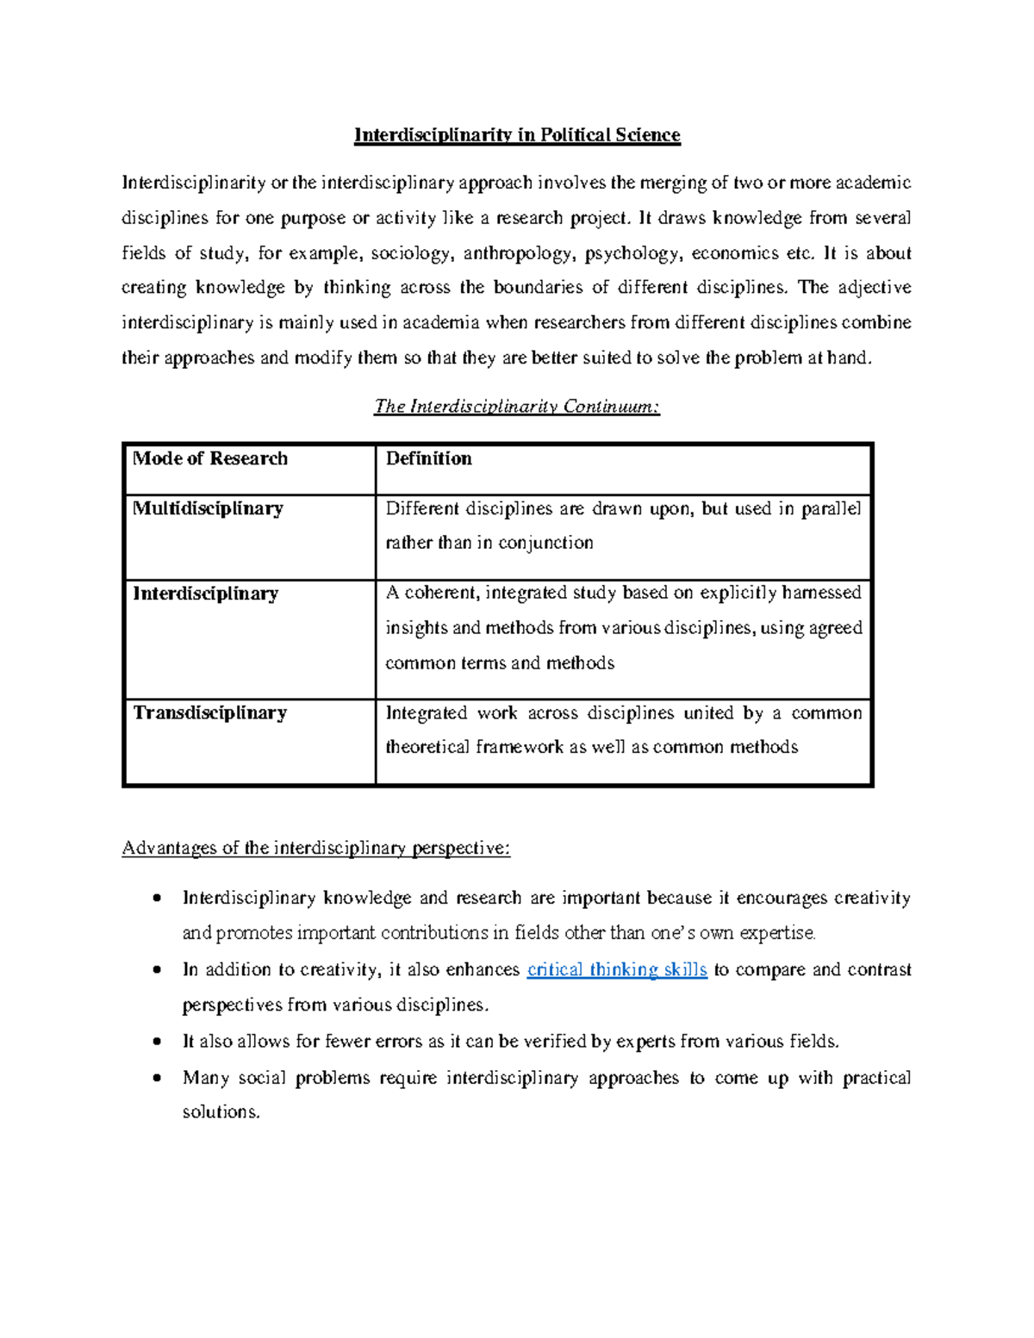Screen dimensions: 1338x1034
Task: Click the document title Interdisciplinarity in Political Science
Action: coord(517,135)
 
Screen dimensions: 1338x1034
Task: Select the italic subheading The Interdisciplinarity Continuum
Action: coord(517,407)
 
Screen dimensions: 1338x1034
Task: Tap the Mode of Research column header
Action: coord(210,458)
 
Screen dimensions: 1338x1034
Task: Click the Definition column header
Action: coord(428,458)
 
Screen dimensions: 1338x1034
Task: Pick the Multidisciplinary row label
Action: coord(208,508)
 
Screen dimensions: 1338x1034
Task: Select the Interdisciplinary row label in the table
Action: coord(205,594)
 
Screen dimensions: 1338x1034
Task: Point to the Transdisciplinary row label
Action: coord(209,713)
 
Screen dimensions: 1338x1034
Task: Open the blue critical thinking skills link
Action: coord(616,970)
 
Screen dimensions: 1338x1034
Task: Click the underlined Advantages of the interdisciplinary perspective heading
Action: coord(316,849)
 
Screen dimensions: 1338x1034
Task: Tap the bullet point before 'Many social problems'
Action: coord(156,1078)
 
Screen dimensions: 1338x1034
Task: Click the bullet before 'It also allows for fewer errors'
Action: coord(156,1042)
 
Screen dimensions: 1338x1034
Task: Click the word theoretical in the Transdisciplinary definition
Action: coord(427,747)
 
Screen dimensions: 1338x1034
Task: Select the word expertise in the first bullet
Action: coord(776,933)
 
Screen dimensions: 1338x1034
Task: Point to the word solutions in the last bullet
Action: coord(221,1112)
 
